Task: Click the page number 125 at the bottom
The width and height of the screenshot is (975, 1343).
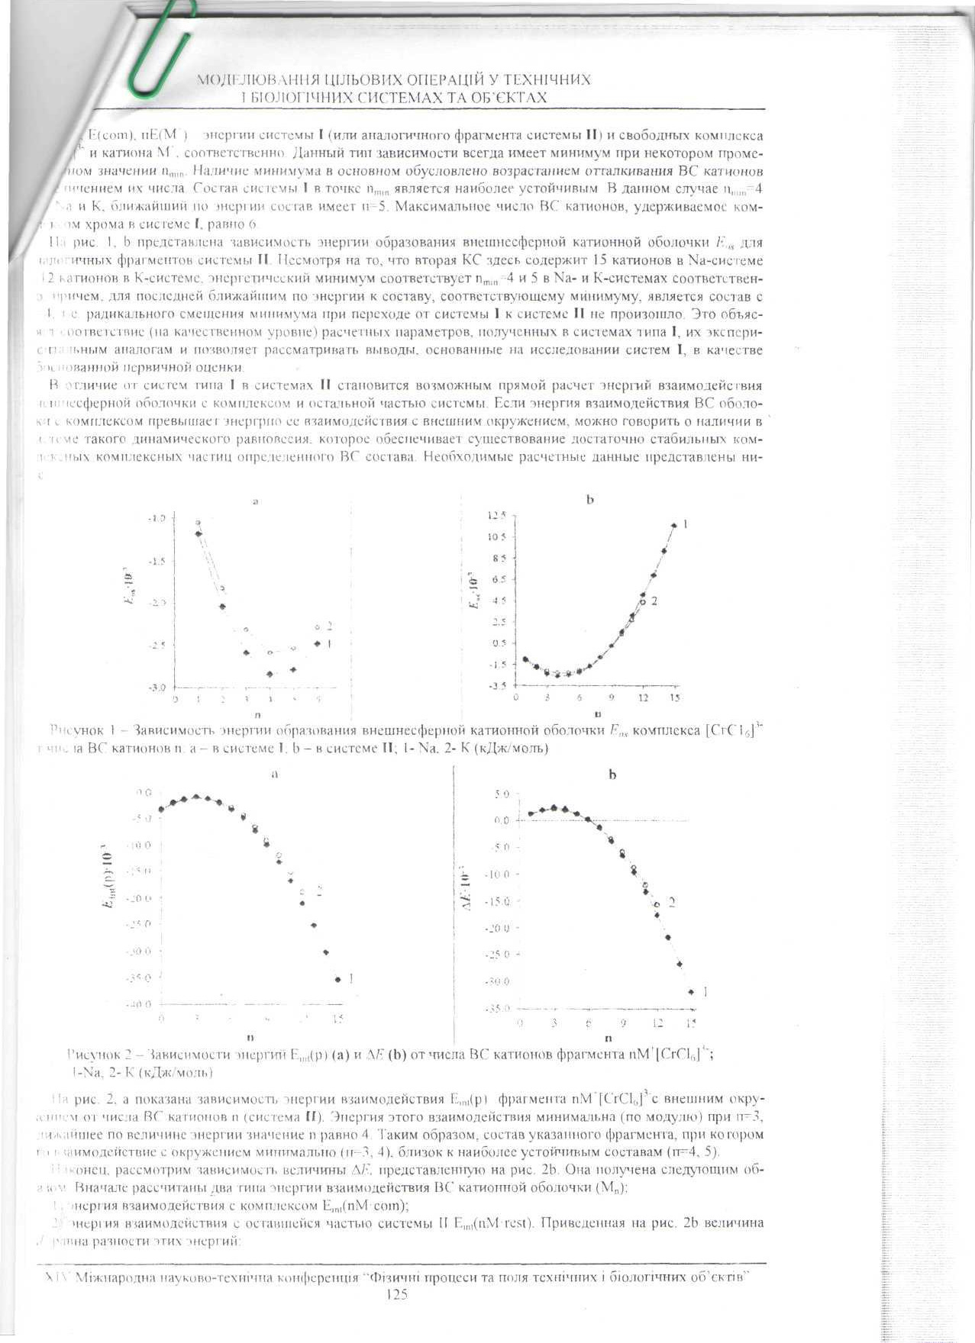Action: tap(397, 1294)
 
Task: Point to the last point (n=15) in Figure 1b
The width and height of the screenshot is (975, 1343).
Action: tap(673, 525)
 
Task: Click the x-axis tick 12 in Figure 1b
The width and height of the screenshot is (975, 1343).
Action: tap(643, 697)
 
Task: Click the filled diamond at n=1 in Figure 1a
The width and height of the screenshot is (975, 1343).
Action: tap(199, 533)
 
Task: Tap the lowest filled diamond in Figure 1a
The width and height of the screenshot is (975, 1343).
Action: tap(270, 674)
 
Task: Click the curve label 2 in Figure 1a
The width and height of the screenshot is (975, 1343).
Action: tap(329, 626)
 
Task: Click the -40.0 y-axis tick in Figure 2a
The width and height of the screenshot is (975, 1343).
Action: tap(144, 1004)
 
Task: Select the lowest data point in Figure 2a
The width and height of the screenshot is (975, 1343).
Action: tap(337, 979)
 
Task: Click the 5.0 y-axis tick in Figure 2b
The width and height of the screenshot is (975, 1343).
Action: tap(501, 794)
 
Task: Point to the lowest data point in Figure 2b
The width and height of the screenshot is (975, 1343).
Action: tap(691, 992)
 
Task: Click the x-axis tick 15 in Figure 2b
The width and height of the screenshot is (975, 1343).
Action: tap(691, 1023)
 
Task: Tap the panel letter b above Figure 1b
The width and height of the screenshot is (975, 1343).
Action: tap(590, 500)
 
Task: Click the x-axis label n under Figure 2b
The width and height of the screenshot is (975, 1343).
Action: tap(608, 1039)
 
